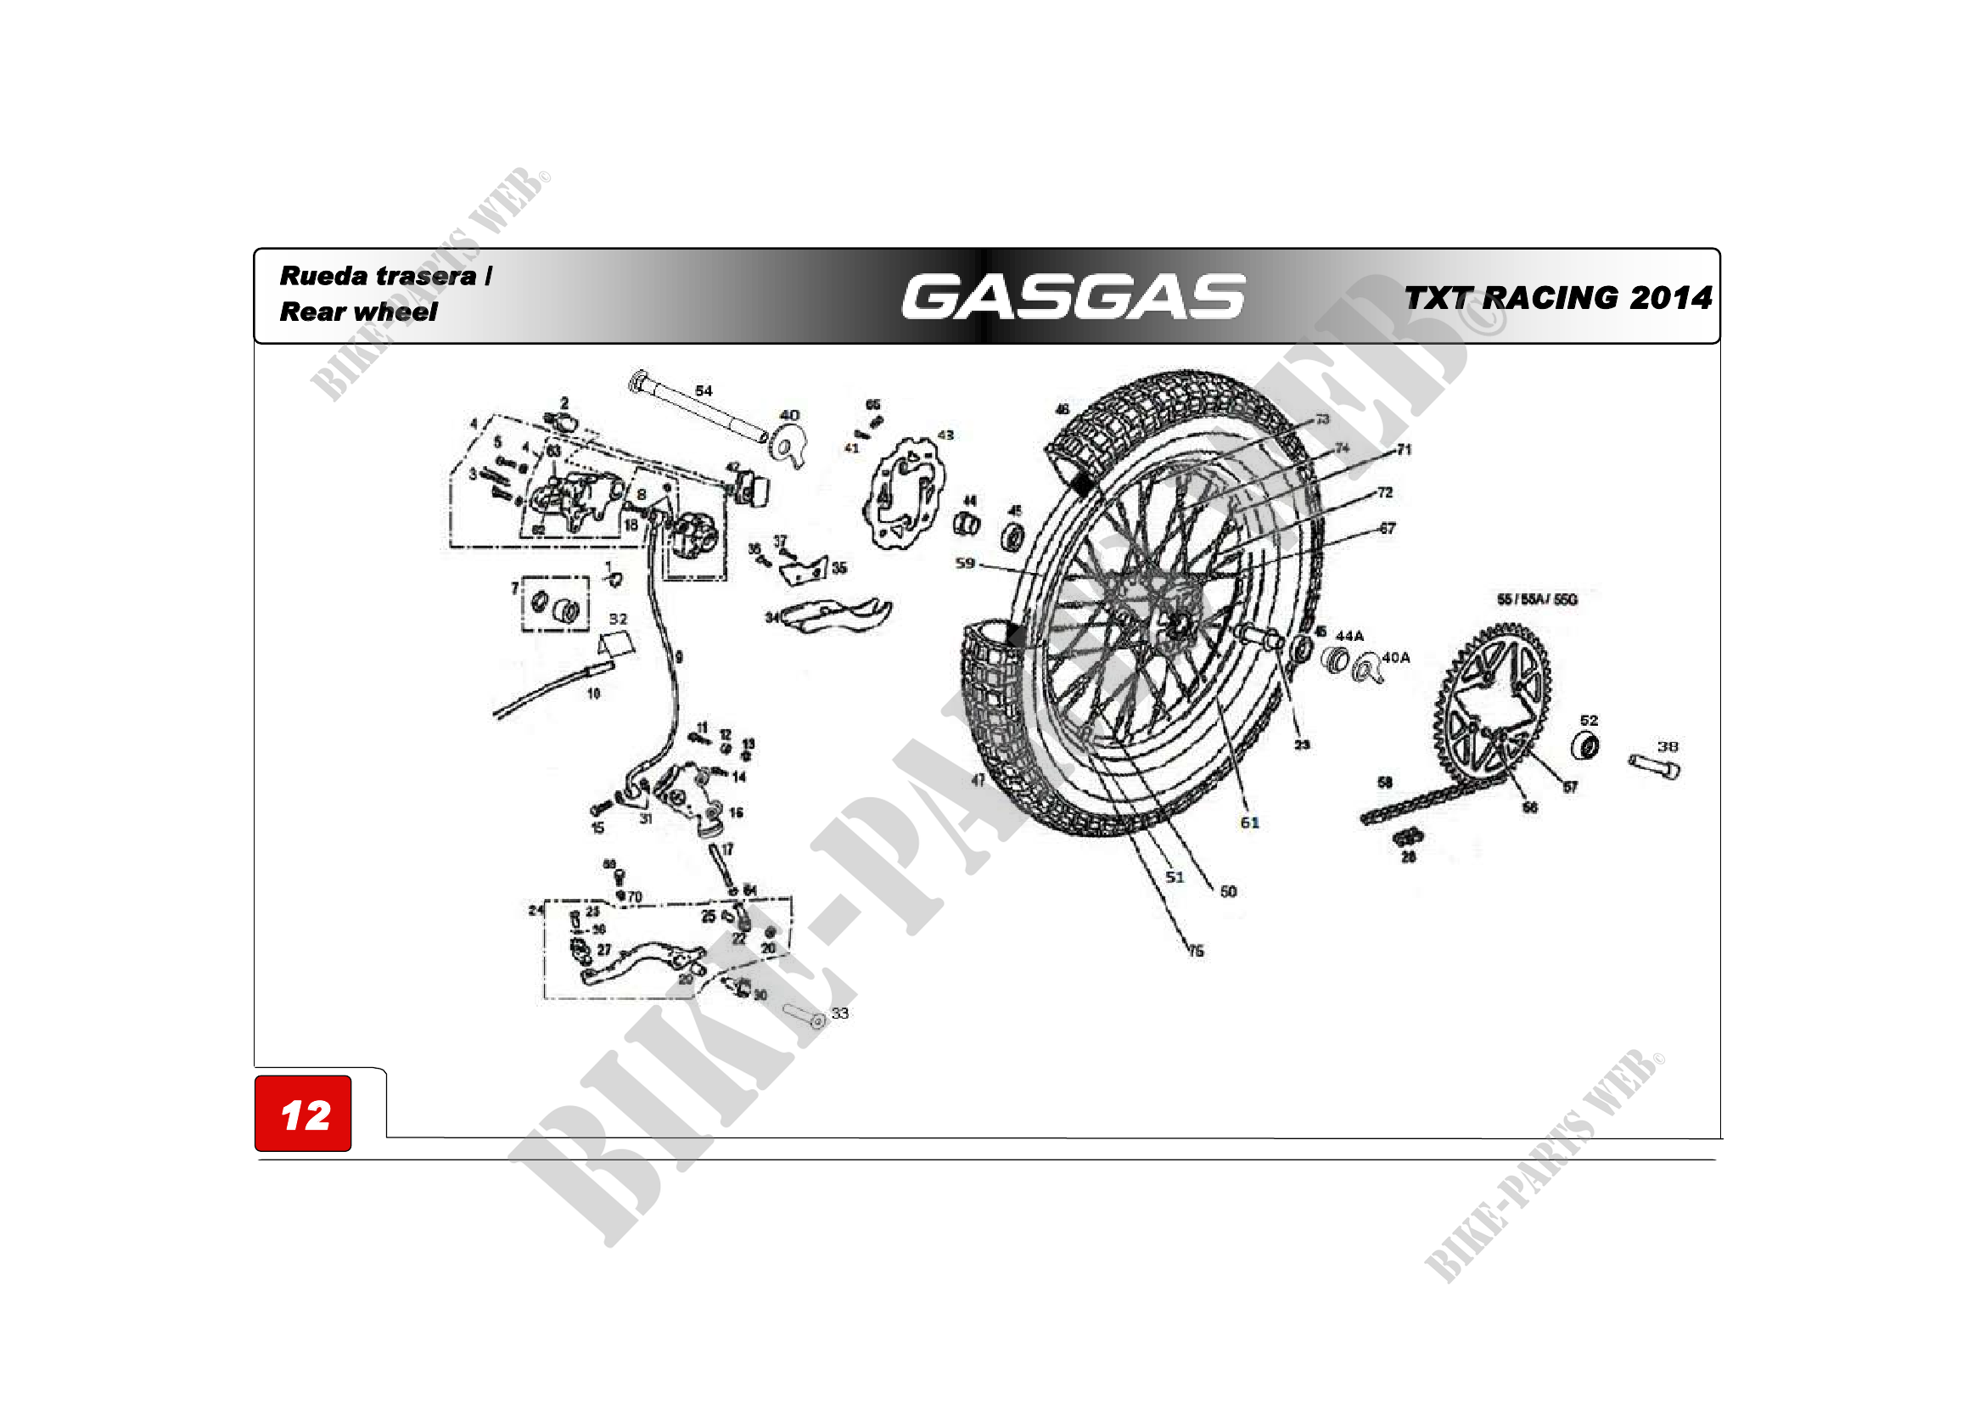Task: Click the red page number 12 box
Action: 303,1114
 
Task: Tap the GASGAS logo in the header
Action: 1073,296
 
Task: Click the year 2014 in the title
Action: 1670,298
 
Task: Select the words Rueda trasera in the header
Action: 378,276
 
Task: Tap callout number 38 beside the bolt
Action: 1668,746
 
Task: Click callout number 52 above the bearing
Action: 1589,720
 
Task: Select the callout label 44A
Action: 1349,637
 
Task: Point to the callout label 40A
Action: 1395,657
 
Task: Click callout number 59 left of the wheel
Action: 965,564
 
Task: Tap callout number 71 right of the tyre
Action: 1404,450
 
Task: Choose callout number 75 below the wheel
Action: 1196,951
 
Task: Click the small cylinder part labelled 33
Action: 805,1018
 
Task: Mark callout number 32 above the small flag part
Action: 618,619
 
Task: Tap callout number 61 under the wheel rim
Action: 1249,823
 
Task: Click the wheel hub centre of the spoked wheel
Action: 1179,624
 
